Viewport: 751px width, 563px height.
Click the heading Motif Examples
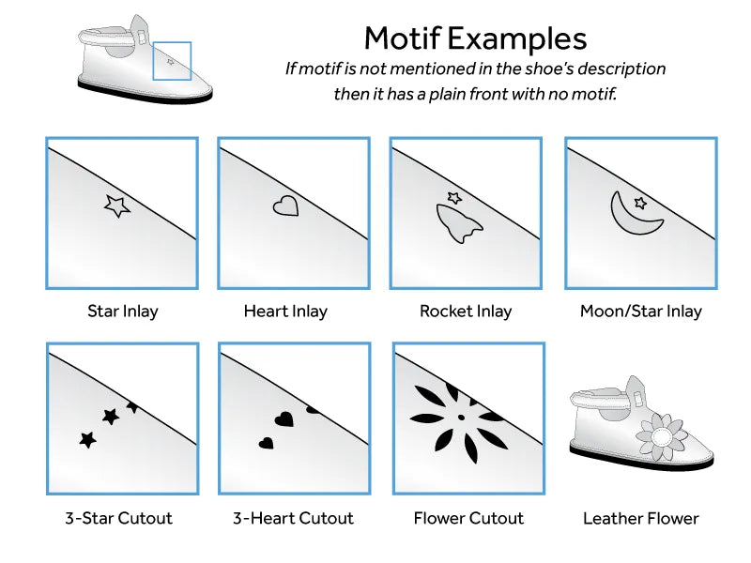(x=475, y=38)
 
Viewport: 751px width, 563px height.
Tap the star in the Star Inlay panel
(x=116, y=205)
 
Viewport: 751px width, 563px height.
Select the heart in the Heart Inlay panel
(x=286, y=205)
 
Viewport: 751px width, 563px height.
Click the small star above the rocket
(x=454, y=197)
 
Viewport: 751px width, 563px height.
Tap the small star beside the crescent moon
(x=640, y=203)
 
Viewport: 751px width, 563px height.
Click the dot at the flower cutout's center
(x=461, y=418)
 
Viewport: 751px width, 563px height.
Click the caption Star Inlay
(x=123, y=312)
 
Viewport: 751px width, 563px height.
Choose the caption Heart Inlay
(x=285, y=312)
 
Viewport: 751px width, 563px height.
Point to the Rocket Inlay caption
(x=466, y=312)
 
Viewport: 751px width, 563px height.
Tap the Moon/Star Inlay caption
(x=641, y=312)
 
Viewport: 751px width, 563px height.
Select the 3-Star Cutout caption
(x=119, y=518)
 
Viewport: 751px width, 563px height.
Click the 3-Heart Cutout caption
(x=293, y=518)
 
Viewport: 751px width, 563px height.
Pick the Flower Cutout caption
(x=468, y=518)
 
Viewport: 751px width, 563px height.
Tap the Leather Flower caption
(x=641, y=518)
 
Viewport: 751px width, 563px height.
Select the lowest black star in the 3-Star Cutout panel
(x=87, y=439)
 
